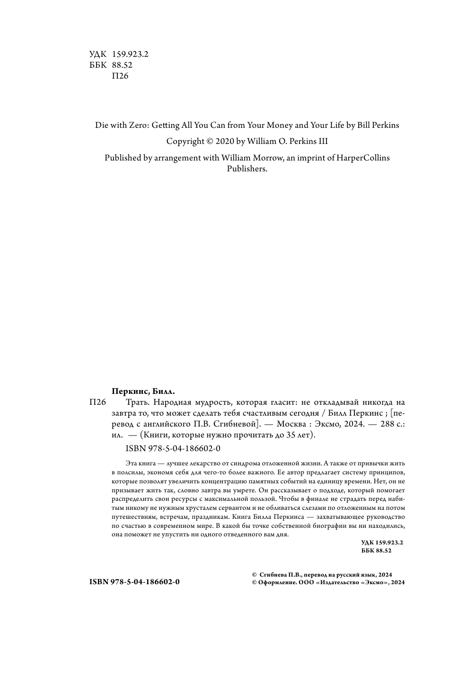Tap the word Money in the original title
point(277,125)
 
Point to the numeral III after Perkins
point(321,142)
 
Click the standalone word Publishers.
point(247,169)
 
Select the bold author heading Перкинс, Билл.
point(143,391)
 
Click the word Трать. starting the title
point(138,403)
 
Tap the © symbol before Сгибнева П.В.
point(255,575)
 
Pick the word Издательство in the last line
point(340,583)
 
